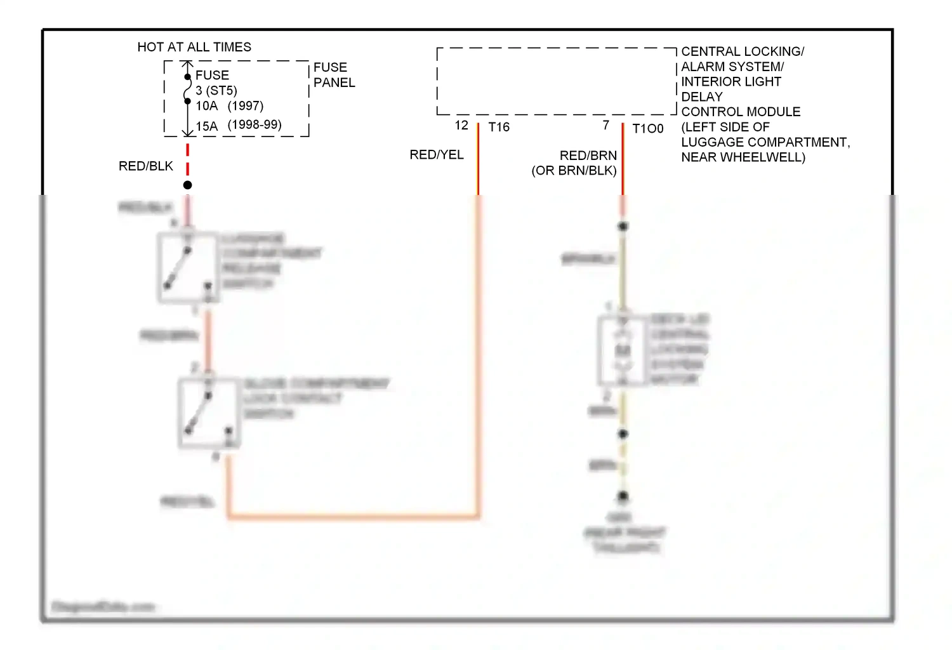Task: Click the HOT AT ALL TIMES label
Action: click(x=194, y=47)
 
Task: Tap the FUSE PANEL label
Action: click(x=334, y=75)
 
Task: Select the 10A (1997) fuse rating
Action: click(x=229, y=106)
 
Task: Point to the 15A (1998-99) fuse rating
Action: click(x=238, y=125)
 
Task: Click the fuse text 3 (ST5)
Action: click(x=216, y=91)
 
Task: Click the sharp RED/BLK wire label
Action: click(x=145, y=166)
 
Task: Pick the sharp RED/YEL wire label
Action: click(x=437, y=155)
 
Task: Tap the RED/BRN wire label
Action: click(x=588, y=156)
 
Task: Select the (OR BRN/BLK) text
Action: click(x=574, y=171)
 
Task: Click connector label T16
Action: click(x=499, y=128)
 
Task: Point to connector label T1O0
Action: click(x=648, y=129)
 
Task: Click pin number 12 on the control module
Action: click(x=461, y=126)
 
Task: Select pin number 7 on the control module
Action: click(x=606, y=126)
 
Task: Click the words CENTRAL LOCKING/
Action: click(x=743, y=51)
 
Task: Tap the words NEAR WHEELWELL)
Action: click(x=743, y=157)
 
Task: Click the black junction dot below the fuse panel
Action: click(x=188, y=185)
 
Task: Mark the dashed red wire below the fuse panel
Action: click(x=188, y=160)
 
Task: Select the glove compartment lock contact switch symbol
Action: click(x=209, y=413)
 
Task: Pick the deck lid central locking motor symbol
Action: click(x=623, y=351)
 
